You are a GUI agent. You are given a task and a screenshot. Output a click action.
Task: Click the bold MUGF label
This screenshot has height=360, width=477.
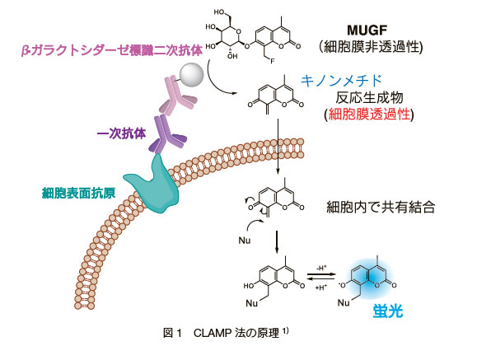click(x=367, y=30)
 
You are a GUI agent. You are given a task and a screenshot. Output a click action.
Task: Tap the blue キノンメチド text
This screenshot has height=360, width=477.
click(x=341, y=81)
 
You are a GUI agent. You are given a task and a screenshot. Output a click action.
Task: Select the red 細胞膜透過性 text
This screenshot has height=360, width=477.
click(x=370, y=115)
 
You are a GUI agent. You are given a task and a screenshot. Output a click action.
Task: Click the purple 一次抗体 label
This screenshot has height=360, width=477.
click(x=122, y=133)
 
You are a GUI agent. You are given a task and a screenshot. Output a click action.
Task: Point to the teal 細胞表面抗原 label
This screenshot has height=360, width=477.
click(x=79, y=193)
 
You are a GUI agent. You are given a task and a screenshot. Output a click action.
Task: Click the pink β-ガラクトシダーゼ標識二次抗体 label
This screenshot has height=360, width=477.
click(x=112, y=50)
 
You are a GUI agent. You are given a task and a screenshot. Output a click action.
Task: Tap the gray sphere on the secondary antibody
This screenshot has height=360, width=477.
click(x=191, y=75)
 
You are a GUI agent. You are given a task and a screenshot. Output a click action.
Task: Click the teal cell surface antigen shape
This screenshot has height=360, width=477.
click(x=152, y=185)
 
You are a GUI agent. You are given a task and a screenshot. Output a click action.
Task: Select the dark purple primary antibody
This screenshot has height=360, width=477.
click(x=166, y=135)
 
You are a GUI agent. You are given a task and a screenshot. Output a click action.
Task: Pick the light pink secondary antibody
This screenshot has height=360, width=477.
click(x=176, y=96)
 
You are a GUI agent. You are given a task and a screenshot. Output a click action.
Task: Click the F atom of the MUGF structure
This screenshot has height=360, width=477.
click(x=272, y=61)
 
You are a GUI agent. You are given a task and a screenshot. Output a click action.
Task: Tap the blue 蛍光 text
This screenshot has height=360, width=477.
click(x=388, y=311)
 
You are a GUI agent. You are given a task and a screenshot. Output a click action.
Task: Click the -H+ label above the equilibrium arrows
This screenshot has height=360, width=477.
click(x=321, y=268)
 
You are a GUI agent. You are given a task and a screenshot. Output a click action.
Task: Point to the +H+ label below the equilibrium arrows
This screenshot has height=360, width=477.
click(x=321, y=288)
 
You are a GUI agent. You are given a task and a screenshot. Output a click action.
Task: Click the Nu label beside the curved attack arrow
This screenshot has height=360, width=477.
click(x=245, y=241)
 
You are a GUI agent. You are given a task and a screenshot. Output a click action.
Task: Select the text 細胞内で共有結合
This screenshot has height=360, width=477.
click(x=381, y=208)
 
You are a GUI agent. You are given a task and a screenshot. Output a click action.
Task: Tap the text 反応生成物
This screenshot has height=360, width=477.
click(x=369, y=97)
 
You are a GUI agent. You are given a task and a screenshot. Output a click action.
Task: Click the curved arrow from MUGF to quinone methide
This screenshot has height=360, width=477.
click(x=215, y=82)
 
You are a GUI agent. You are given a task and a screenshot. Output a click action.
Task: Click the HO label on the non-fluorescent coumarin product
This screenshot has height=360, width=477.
click(x=249, y=285)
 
